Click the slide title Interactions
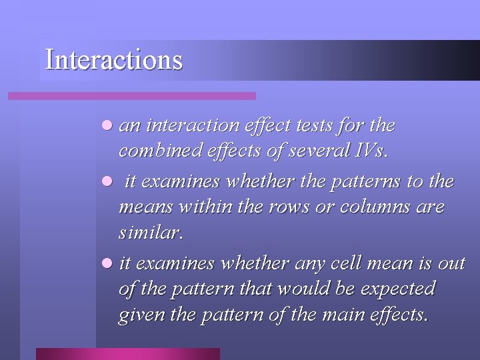[113, 59]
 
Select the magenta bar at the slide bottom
[127, 353]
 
